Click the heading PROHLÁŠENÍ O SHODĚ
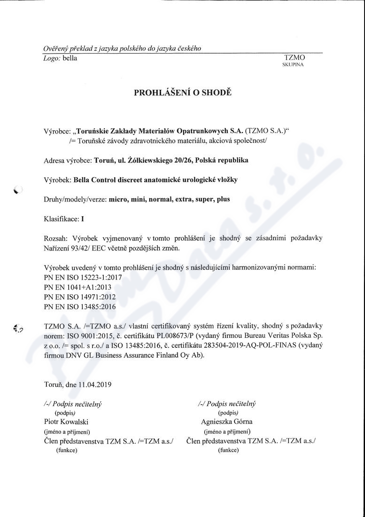tap(183, 93)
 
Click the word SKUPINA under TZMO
tap(293, 65)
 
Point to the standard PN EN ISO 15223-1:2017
tap(83, 277)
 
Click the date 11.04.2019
tap(95, 384)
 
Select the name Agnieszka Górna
tap(226, 422)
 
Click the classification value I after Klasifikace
tap(83, 219)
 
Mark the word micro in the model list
tap(118, 199)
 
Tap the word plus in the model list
tap(224, 199)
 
